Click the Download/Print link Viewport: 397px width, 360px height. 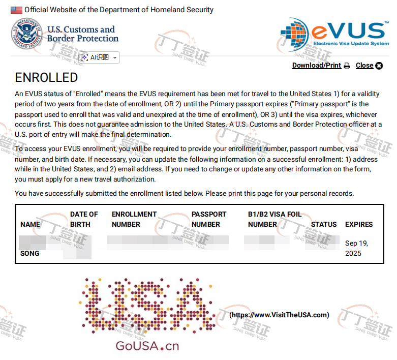click(x=316, y=66)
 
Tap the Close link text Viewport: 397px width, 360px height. click(x=364, y=66)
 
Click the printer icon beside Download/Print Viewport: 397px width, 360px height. click(x=347, y=66)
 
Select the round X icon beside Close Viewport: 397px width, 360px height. click(x=379, y=66)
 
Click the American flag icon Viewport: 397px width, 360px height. click(x=16, y=10)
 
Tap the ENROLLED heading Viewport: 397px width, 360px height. click(x=46, y=78)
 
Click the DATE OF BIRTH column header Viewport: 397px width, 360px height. click(x=84, y=219)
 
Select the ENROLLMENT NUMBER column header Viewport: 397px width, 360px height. click(x=134, y=219)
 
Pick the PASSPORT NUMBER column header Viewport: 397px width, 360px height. click(x=208, y=219)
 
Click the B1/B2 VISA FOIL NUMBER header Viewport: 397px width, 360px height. click(x=274, y=219)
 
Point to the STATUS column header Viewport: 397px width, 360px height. click(x=324, y=224)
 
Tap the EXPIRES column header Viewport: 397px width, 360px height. click(x=359, y=224)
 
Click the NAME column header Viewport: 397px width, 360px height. click(x=30, y=224)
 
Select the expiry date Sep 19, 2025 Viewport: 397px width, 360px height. click(x=356, y=248)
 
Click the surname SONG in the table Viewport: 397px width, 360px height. click(x=29, y=253)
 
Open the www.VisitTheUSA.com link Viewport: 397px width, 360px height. click(x=279, y=315)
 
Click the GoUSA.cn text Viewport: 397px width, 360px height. click(x=147, y=346)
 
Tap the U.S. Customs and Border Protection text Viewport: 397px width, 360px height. click(x=82, y=34)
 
